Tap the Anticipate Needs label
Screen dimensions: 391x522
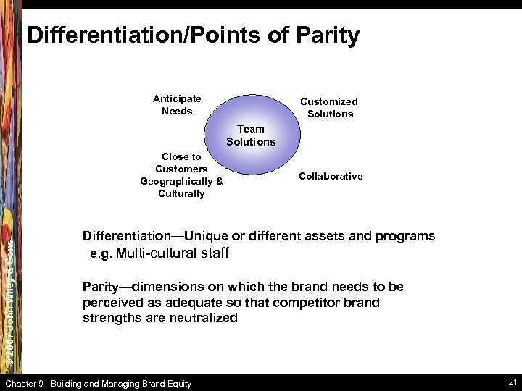[x=177, y=105]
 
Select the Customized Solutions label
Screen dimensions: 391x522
[x=330, y=108]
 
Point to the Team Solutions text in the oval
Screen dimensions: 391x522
[x=251, y=135]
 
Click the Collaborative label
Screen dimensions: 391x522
[x=331, y=176]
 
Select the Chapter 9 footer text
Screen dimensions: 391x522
[x=99, y=383]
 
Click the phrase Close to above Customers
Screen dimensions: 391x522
[x=181, y=156]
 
